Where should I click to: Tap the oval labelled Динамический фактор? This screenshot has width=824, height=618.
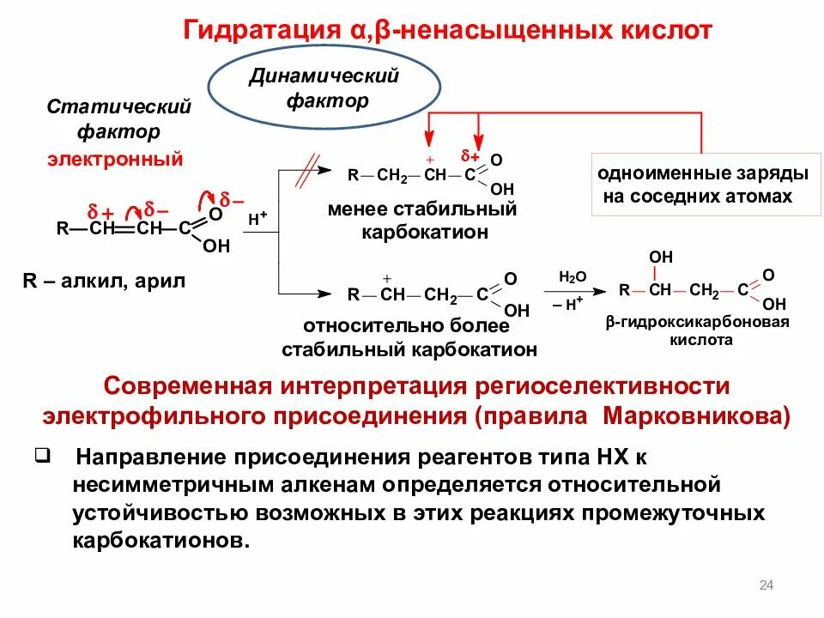coord(325,88)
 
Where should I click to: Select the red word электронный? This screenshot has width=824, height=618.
coord(115,159)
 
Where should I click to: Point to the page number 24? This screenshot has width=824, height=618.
coord(766,585)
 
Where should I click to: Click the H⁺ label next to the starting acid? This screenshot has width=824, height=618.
coord(257,220)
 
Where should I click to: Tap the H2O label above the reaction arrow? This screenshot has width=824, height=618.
coord(572,276)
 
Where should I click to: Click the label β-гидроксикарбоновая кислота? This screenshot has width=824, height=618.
coord(696,330)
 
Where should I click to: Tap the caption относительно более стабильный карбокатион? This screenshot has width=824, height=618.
coord(409,338)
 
